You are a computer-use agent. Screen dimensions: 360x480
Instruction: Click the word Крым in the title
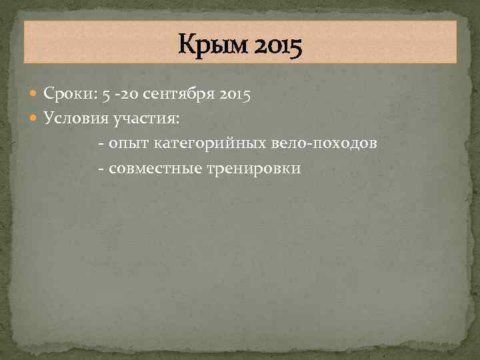point(207,46)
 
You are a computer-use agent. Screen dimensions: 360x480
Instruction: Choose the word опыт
point(128,144)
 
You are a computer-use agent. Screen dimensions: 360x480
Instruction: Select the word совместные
point(153,168)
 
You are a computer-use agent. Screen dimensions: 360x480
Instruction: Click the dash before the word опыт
point(101,144)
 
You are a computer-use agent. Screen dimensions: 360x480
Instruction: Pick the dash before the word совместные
point(101,168)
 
